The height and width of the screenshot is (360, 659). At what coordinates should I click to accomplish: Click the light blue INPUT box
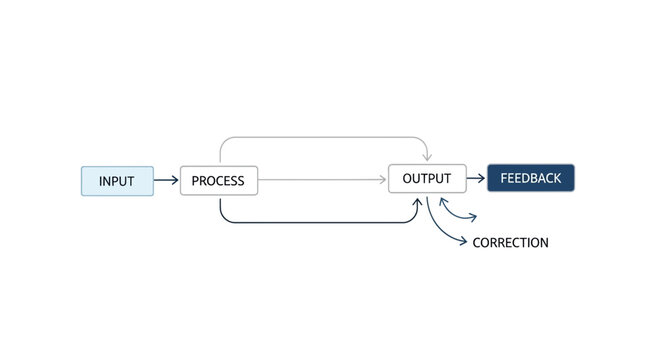tap(117, 181)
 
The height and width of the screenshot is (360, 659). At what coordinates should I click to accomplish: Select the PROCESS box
tap(219, 181)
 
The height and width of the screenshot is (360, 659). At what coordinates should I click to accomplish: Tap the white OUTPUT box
tap(427, 179)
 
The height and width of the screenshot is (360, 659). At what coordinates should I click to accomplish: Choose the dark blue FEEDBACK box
tap(530, 179)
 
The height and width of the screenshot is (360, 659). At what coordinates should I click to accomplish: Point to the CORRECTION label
tap(510, 243)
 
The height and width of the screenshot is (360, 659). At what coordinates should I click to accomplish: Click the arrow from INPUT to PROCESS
tap(166, 181)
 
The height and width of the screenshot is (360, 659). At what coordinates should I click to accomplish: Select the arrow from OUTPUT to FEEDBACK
tap(475, 180)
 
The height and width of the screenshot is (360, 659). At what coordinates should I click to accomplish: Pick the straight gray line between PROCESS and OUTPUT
tap(320, 181)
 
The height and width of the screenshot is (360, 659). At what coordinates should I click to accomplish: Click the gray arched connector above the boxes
tap(320, 136)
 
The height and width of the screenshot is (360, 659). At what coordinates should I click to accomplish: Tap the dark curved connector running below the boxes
tap(320, 222)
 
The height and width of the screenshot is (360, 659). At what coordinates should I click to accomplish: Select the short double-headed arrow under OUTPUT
tap(458, 212)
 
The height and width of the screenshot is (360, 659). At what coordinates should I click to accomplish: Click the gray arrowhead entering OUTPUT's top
tap(427, 159)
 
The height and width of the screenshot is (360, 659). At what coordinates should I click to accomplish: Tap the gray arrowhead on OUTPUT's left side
tap(383, 181)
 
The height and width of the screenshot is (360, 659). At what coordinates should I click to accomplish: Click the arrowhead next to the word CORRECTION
tap(463, 242)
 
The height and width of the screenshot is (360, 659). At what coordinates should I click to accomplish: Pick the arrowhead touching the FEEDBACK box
tap(482, 180)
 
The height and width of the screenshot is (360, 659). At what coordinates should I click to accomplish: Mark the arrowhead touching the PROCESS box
tap(175, 181)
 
